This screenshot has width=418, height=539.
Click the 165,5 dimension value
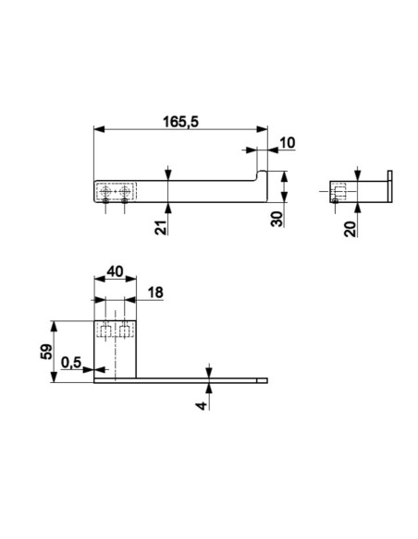click(x=180, y=122)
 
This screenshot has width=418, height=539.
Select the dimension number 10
click(x=288, y=142)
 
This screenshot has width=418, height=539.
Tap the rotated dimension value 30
click(x=277, y=219)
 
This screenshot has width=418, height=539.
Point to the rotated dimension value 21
click(x=161, y=227)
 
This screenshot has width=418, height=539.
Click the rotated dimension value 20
click(x=350, y=229)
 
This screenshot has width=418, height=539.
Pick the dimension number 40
click(x=115, y=271)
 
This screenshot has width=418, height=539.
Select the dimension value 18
click(x=155, y=293)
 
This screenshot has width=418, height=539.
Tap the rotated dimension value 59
click(x=46, y=352)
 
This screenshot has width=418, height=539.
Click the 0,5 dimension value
click(x=71, y=363)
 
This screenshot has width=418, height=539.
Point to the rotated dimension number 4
click(x=202, y=405)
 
